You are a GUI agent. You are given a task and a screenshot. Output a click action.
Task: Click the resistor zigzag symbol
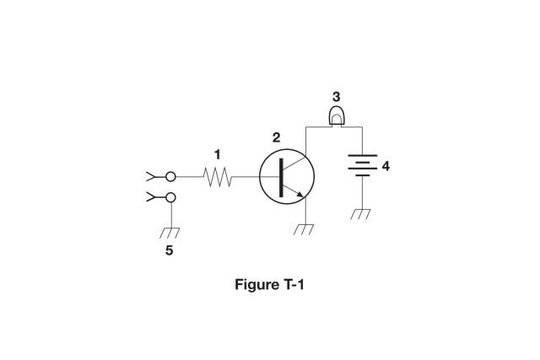click(218, 177)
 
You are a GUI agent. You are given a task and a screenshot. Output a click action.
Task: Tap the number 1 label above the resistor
click(217, 154)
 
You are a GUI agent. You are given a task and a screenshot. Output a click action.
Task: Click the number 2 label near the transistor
click(276, 137)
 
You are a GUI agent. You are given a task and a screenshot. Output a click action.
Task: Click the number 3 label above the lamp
click(336, 97)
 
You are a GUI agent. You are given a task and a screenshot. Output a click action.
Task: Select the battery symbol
click(362, 166)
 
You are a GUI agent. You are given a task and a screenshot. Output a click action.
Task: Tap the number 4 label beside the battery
click(386, 166)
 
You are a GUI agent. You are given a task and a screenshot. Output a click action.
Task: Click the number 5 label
click(170, 250)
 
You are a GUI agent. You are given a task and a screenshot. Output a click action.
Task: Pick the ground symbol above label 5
click(170, 232)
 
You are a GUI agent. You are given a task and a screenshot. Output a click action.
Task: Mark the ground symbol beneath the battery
click(361, 213)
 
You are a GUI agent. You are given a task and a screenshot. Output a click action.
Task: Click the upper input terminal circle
click(170, 177)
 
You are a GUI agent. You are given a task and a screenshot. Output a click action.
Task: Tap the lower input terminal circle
click(170, 198)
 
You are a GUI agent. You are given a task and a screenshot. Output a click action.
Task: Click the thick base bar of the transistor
click(281, 177)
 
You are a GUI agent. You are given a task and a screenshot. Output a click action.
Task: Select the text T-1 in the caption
click(291, 284)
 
